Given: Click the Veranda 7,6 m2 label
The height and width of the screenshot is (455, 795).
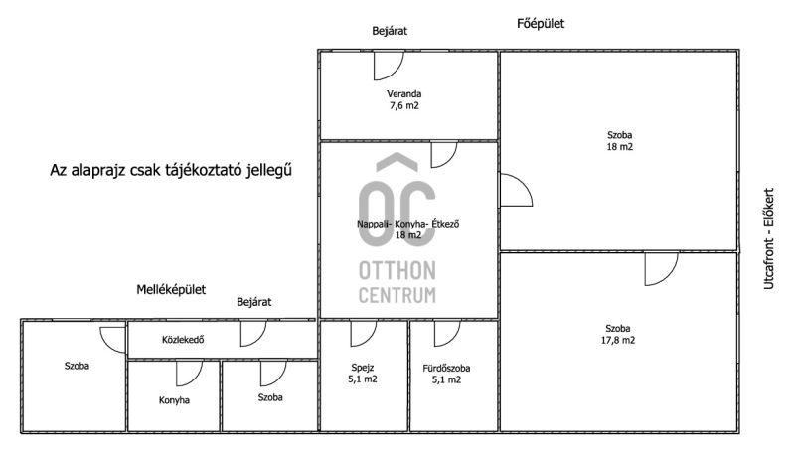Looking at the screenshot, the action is point(404,99).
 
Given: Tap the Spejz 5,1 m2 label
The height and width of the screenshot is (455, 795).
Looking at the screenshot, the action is point(363,374).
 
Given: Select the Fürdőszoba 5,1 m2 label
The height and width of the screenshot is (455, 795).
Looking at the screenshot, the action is point(446,374).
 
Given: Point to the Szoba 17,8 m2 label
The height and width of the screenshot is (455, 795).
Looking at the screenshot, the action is point(617,335).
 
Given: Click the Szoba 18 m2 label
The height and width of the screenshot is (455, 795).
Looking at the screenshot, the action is point(619,141).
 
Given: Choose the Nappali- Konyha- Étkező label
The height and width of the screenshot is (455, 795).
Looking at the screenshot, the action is point(408,224).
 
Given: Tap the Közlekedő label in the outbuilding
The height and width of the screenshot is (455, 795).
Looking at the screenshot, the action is point(183,340).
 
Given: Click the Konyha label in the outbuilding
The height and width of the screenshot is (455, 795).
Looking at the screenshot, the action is point(174,400).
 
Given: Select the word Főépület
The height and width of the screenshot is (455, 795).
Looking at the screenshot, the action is point(541,23).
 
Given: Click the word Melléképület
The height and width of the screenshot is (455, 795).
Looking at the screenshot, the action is point(171,290).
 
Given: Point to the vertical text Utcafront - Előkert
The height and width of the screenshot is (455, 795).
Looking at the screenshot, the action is point(769,238).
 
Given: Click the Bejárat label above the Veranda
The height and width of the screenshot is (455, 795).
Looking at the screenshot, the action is point(390,31).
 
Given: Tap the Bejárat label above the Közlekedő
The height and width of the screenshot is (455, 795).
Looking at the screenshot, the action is point(254,302).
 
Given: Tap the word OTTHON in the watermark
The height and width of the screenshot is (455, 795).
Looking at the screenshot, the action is point(397,271).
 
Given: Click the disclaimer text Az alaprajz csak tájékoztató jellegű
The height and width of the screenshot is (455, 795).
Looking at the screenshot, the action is point(171,171).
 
